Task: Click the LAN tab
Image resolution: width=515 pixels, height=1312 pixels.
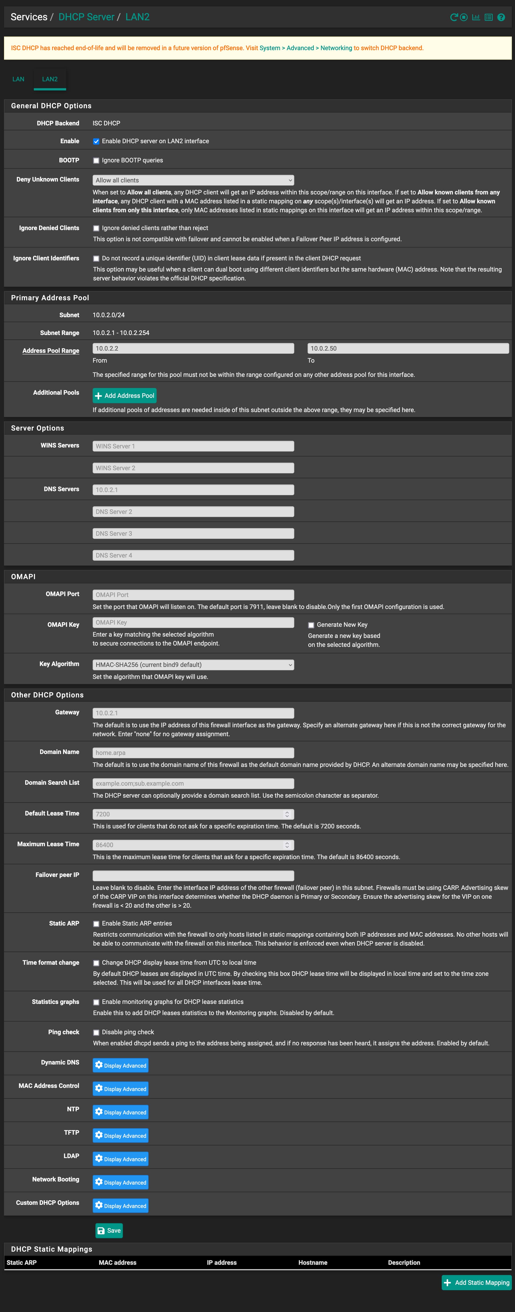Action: pyautogui.click(x=18, y=79)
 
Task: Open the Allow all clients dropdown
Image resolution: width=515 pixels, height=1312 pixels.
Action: pyautogui.click(x=193, y=180)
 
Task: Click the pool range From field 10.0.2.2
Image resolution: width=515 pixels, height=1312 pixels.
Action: pyautogui.click(x=193, y=348)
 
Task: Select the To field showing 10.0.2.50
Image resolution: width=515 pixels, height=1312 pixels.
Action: pyautogui.click(x=407, y=348)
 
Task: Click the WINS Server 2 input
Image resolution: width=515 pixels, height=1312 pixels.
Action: pyautogui.click(x=193, y=468)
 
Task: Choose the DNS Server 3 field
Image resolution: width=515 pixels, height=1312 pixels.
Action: pyautogui.click(x=193, y=533)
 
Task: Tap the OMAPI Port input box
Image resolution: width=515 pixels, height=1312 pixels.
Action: pyautogui.click(x=193, y=595)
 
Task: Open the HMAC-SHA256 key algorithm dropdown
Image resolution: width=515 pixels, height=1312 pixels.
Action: pyautogui.click(x=193, y=665)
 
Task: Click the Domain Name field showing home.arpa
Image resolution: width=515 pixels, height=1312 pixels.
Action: pyautogui.click(x=193, y=753)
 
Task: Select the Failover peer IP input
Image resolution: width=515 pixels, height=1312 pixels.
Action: pyautogui.click(x=193, y=876)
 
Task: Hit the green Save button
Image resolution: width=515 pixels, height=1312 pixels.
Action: pyautogui.click(x=109, y=1230)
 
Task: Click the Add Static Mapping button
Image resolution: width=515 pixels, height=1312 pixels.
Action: pyautogui.click(x=476, y=1282)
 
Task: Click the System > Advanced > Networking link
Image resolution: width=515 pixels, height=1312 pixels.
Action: pyautogui.click(x=306, y=48)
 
